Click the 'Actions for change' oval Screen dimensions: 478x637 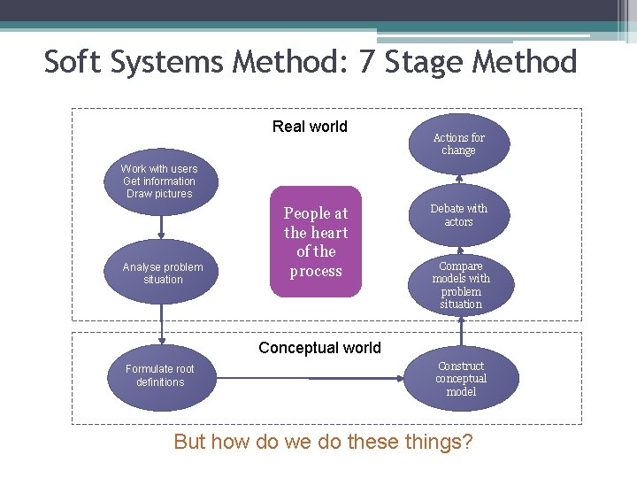pyautogui.click(x=458, y=143)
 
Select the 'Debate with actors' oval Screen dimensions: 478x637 pyautogui.click(x=458, y=215)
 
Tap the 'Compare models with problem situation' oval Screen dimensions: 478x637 pyautogui.click(x=460, y=284)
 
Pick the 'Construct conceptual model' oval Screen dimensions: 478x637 pyautogui.click(x=460, y=379)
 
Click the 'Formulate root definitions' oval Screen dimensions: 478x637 pyautogui.click(x=160, y=375)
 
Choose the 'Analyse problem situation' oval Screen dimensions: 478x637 pyautogui.click(x=162, y=273)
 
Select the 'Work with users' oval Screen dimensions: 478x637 pyautogui.click(x=159, y=181)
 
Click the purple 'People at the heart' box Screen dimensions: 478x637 pyautogui.click(x=316, y=242)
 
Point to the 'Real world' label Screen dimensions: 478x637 pyautogui.click(x=310, y=127)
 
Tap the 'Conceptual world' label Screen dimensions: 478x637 pyautogui.click(x=319, y=348)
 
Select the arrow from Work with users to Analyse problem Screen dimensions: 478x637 pyautogui.click(x=162, y=227)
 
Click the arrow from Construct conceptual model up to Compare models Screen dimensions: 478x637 pyautogui.click(x=460, y=333)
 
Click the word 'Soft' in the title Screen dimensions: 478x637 pyautogui.click(x=73, y=62)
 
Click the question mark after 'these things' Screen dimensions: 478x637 pyautogui.click(x=465, y=441)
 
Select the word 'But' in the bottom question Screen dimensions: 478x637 pyautogui.click(x=189, y=441)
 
